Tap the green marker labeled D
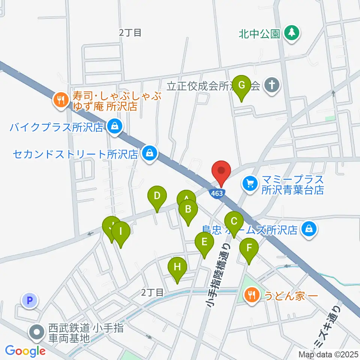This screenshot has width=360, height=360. tap(157, 196)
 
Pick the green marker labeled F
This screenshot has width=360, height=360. tap(249, 248)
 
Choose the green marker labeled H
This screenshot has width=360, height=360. tap(177, 267)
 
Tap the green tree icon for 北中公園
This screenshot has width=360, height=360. tap(291, 33)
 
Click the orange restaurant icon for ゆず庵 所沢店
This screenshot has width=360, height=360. tap(60, 100)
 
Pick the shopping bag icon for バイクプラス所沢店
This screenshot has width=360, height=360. tap(114, 127)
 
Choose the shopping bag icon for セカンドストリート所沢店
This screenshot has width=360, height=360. tap(150, 153)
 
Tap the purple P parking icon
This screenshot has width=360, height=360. tap(30, 300)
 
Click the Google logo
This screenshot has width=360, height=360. tap(25, 351)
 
